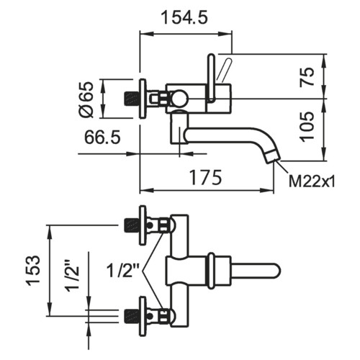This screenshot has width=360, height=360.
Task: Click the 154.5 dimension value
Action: click(x=184, y=18)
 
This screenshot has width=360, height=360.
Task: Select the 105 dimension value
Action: click(x=307, y=126)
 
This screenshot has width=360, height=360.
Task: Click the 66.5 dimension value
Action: click(x=102, y=138)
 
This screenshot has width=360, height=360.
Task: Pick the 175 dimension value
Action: click(x=205, y=178)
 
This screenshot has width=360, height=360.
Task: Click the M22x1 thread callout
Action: click(x=312, y=181)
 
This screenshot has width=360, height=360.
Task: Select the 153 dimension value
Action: click(x=32, y=271)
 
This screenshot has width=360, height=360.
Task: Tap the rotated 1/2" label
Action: click(x=73, y=275)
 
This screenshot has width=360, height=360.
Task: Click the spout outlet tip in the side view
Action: click(x=273, y=158)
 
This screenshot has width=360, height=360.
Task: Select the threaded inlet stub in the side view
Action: click(x=131, y=99)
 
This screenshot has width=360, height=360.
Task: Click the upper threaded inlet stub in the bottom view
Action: click(x=131, y=225)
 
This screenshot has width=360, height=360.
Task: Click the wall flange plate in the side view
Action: click(x=143, y=99)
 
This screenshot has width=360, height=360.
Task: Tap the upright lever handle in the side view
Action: click(x=211, y=77)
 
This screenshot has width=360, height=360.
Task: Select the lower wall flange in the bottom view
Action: click(x=143, y=317)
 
